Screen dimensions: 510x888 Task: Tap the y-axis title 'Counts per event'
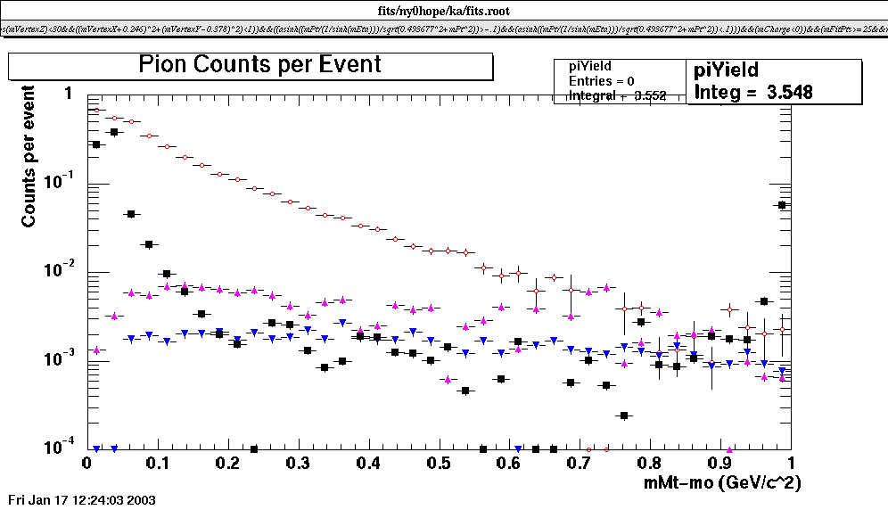point(29,156)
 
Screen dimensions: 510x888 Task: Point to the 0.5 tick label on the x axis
point(438,464)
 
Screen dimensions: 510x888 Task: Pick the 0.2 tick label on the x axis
point(226,464)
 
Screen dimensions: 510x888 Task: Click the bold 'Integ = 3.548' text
point(753,91)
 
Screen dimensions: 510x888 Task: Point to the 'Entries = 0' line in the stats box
point(601,81)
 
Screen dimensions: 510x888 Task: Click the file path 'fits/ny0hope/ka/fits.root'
point(444,10)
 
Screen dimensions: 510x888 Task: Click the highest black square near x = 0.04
point(113,132)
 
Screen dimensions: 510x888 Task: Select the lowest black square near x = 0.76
point(624,415)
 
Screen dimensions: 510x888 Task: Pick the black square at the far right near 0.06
point(782,205)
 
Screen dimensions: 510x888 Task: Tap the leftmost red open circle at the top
point(95,110)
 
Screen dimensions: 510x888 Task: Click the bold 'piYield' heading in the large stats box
point(726,70)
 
